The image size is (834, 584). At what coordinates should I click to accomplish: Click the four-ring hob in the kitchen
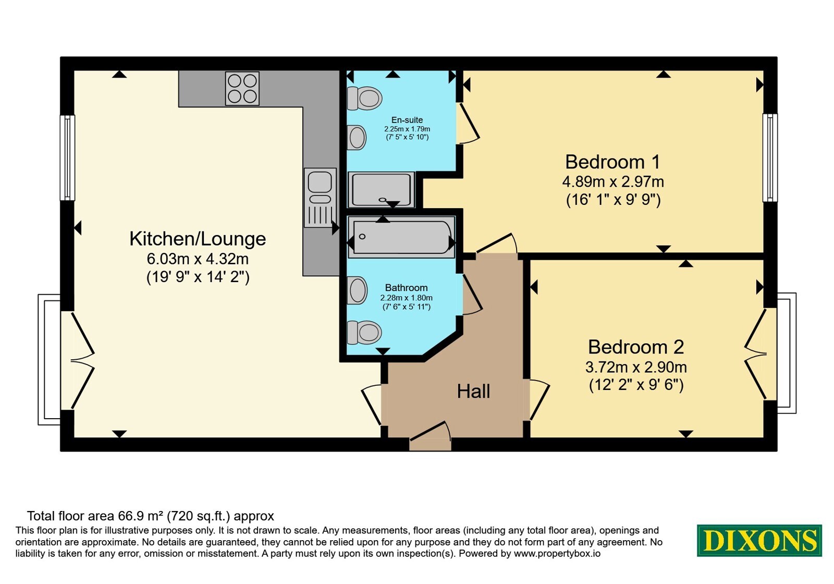click(x=242, y=88)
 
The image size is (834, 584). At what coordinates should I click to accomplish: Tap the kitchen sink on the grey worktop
click(x=320, y=198)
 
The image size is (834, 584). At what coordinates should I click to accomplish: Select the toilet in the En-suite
click(x=364, y=99)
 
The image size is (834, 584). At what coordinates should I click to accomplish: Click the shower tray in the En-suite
click(x=381, y=189)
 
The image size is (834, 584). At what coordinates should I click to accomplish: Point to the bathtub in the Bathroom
click(x=401, y=237)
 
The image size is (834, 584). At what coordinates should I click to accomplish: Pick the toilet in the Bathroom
click(x=364, y=332)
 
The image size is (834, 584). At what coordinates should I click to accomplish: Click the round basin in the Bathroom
click(x=357, y=290)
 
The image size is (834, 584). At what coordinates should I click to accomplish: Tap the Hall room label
click(x=474, y=392)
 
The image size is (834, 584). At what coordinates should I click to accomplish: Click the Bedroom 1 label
click(x=612, y=162)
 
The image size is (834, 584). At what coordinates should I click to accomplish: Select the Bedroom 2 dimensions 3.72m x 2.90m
click(x=636, y=367)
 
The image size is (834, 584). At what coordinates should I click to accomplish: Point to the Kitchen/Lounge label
click(x=198, y=239)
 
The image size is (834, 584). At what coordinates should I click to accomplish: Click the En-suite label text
click(x=407, y=120)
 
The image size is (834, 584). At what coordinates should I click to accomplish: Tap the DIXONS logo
click(x=759, y=540)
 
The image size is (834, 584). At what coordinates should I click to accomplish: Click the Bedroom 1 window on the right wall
click(x=769, y=157)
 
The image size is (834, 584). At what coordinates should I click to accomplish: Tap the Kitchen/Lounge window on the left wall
click(x=67, y=157)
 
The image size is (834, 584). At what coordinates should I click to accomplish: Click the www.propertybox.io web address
click(x=557, y=553)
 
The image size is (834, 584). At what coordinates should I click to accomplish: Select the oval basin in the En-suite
click(x=357, y=137)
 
